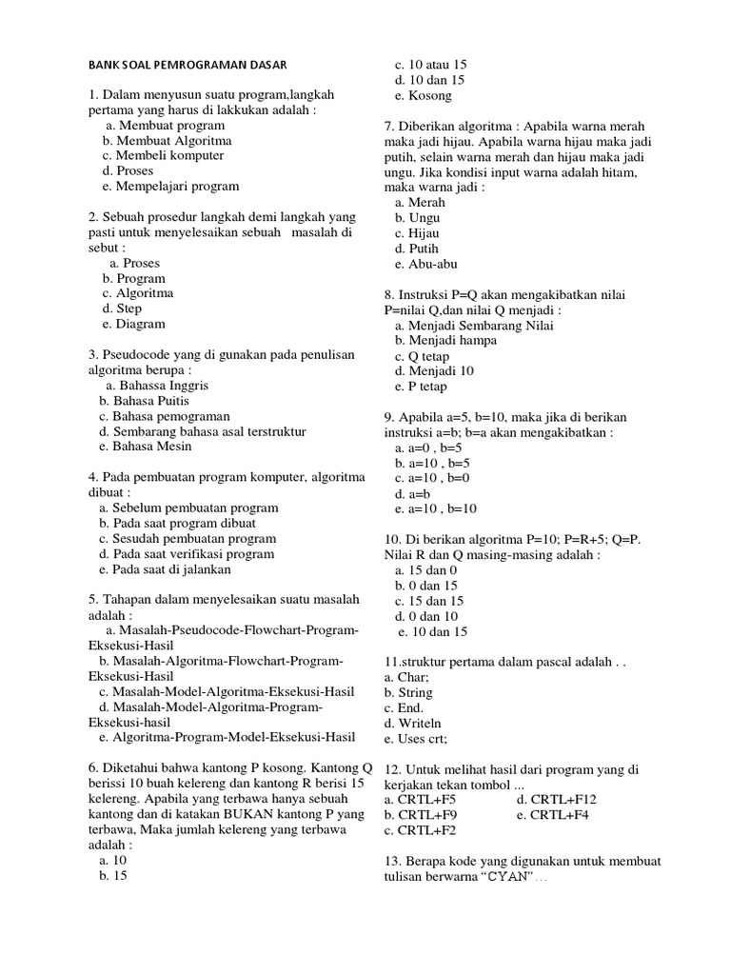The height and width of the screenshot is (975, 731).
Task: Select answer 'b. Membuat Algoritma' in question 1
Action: [x=167, y=140]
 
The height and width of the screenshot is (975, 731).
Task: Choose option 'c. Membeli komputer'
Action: [x=163, y=155]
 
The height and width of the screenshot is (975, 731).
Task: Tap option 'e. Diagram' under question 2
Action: [x=133, y=324]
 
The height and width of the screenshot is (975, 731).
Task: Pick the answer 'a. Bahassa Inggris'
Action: [x=157, y=386]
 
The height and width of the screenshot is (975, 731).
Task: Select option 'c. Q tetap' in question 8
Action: [x=422, y=356]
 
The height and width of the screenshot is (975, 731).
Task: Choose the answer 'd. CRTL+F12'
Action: [x=555, y=800]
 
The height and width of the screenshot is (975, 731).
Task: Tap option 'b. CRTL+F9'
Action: [x=421, y=815]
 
